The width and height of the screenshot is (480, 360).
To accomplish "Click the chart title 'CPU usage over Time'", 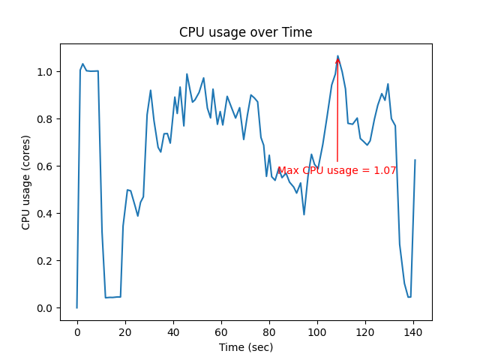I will click(245, 33).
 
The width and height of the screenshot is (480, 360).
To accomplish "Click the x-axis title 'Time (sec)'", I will click(245, 347).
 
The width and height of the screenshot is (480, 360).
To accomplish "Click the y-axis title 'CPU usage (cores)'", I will click(26, 182).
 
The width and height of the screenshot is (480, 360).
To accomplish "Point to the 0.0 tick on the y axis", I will click(46, 308).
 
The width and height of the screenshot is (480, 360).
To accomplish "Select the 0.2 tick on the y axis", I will click(46, 261).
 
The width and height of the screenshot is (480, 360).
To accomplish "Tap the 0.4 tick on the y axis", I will click(46, 214).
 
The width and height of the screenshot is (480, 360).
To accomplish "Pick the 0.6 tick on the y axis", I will click(46, 166).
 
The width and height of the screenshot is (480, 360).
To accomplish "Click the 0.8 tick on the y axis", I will click(46, 119).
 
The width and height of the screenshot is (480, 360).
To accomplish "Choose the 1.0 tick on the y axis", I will click(46, 72).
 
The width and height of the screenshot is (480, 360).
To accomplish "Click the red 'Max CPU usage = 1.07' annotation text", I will click(337, 171).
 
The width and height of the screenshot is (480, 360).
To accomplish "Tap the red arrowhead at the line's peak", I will click(337, 59).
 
